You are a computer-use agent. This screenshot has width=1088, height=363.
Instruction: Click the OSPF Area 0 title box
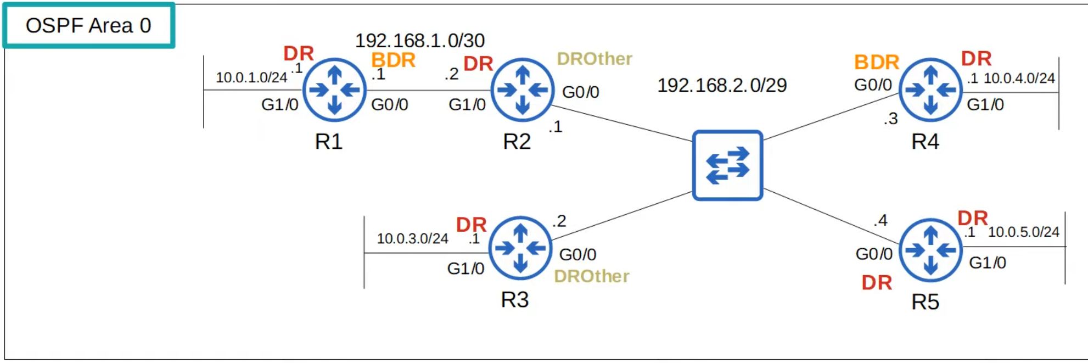click(88, 26)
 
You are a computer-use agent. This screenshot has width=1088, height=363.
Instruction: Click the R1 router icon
click(334, 90)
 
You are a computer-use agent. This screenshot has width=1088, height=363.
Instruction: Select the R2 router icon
click(522, 90)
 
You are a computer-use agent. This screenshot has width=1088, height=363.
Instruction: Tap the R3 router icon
click(520, 248)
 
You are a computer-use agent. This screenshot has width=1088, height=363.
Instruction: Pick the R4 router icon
click(930, 90)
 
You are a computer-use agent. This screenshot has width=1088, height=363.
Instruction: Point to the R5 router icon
click(930, 250)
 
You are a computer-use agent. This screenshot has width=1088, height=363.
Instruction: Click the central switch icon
click(727, 165)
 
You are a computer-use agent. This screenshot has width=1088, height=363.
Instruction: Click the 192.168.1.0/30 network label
click(419, 41)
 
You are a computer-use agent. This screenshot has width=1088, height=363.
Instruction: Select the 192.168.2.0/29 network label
click(722, 85)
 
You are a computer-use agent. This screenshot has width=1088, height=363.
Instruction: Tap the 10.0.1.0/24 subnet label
click(251, 77)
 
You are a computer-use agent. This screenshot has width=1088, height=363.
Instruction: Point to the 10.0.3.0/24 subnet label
click(412, 238)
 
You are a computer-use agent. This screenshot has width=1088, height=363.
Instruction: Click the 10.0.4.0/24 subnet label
click(1019, 78)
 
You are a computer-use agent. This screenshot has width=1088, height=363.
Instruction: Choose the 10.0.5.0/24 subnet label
click(1023, 232)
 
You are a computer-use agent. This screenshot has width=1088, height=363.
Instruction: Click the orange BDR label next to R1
click(393, 60)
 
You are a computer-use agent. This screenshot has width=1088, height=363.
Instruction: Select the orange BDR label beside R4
click(877, 63)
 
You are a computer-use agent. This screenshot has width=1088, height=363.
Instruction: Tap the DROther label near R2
click(595, 59)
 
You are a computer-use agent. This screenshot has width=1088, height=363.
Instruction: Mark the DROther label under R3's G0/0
click(591, 276)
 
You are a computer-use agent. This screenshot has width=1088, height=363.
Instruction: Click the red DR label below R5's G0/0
click(877, 283)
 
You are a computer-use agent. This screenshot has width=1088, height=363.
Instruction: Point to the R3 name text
click(514, 300)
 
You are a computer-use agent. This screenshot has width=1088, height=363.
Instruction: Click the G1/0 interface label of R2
click(467, 104)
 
